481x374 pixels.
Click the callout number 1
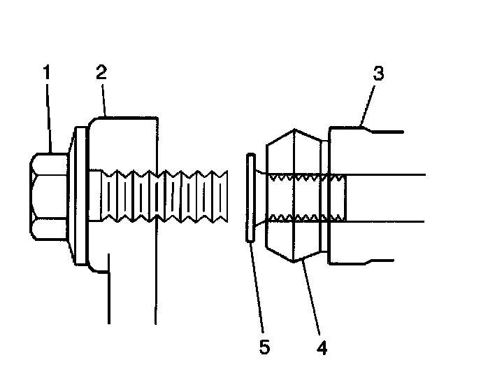click(47, 73)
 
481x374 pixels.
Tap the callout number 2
click(102, 73)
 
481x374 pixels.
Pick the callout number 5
click(264, 346)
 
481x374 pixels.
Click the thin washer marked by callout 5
click(248, 198)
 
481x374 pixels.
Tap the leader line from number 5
click(257, 294)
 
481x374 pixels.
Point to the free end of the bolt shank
click(226, 196)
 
